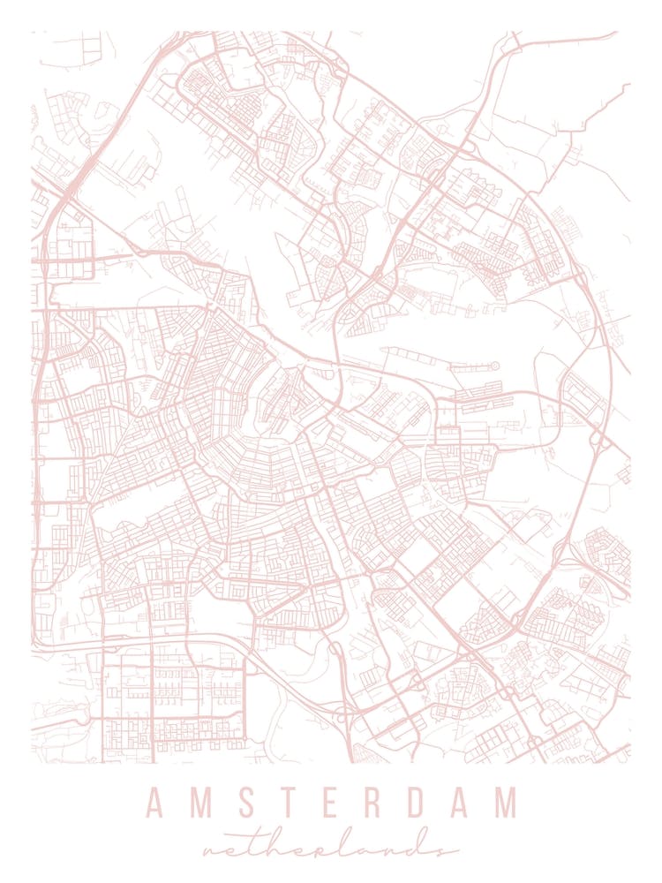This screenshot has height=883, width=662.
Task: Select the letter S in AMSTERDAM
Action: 244,804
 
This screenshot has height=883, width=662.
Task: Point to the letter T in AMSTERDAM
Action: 287,804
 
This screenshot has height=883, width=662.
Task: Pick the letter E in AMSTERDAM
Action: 329,804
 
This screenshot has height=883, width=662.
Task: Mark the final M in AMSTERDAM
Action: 506,804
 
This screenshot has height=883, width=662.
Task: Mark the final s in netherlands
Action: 441,849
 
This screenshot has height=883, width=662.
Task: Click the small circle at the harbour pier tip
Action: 495,366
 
